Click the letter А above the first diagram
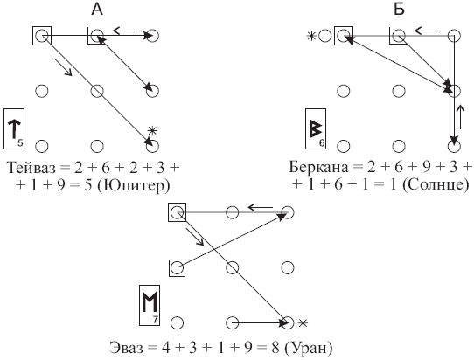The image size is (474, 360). click(x=97, y=10)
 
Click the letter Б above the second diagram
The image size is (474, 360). click(x=399, y=10)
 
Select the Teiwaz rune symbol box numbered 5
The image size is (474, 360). click(x=14, y=128)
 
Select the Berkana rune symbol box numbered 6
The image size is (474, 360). click(x=316, y=128)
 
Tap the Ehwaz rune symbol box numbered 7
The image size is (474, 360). click(x=150, y=305)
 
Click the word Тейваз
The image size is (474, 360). click(x=31, y=167)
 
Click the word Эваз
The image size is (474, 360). click(x=126, y=347)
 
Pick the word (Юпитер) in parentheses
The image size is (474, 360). click(x=134, y=185)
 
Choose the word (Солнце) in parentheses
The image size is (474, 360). click(x=436, y=184)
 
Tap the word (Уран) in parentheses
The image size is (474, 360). click(x=309, y=348)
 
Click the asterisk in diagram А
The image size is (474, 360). click(x=153, y=131)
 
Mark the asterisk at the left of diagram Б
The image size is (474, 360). click(x=311, y=36)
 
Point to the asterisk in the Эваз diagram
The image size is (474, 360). click(x=303, y=323)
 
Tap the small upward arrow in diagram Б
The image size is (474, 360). click(x=461, y=117)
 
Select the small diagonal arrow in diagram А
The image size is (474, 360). click(x=64, y=66)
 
